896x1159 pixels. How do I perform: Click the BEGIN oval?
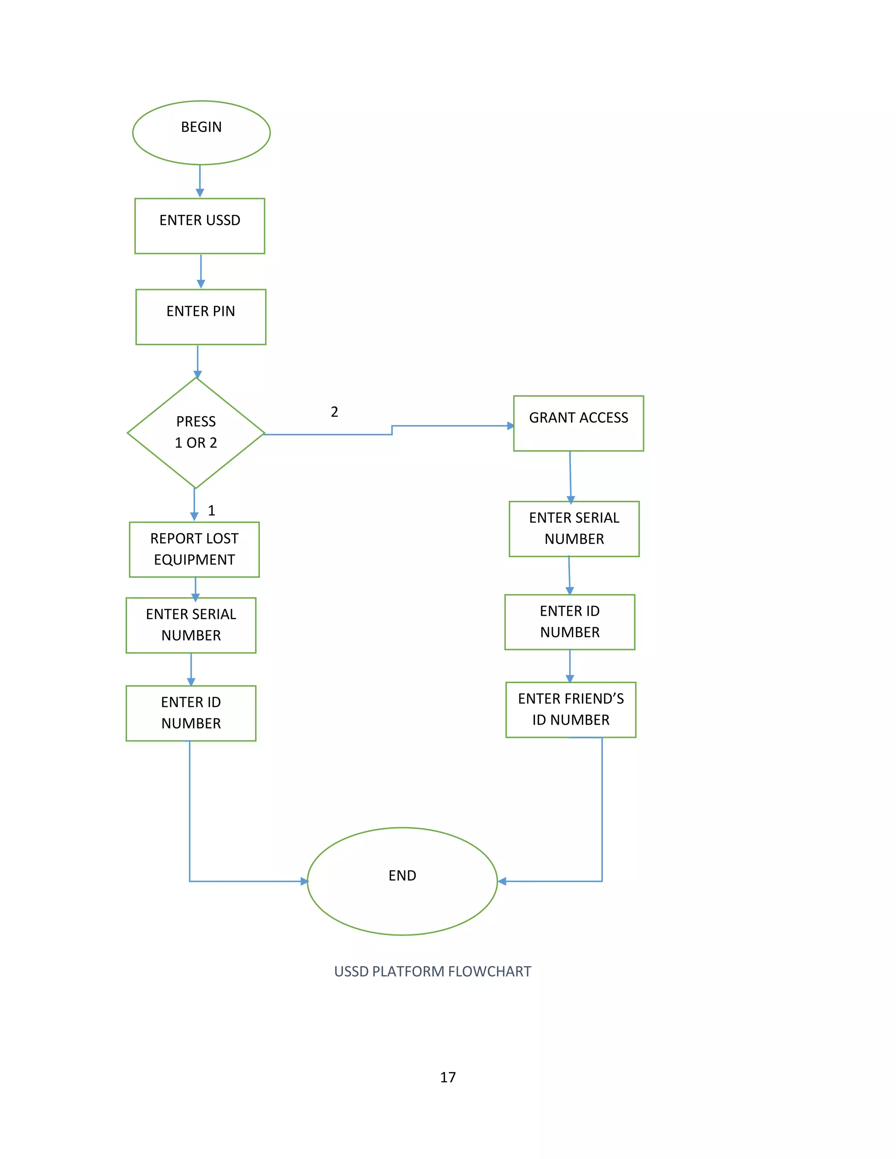(x=201, y=132)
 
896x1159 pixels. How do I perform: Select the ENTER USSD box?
(x=199, y=226)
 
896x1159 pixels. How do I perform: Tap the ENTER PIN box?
(x=201, y=317)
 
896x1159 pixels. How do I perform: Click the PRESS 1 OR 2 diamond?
(x=196, y=433)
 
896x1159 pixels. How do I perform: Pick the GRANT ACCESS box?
(x=578, y=423)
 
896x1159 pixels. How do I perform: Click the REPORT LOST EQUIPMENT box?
(x=194, y=549)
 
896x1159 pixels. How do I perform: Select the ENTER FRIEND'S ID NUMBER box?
(x=570, y=709)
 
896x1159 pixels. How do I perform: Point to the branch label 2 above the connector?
(x=334, y=412)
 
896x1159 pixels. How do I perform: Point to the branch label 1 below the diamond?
(x=211, y=510)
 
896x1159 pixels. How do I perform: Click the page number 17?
(x=448, y=1077)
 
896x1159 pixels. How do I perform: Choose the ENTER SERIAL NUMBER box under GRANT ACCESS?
(x=574, y=529)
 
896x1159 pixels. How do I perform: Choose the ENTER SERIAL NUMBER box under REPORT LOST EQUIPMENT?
(x=191, y=625)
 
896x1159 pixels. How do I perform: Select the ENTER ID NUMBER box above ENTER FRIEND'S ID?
(x=570, y=622)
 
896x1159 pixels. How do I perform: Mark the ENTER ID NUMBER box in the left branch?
(x=191, y=713)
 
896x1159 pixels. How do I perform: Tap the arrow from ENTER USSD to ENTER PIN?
(x=201, y=272)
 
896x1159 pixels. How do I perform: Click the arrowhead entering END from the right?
(x=502, y=881)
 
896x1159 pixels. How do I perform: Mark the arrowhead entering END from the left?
(x=304, y=881)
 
